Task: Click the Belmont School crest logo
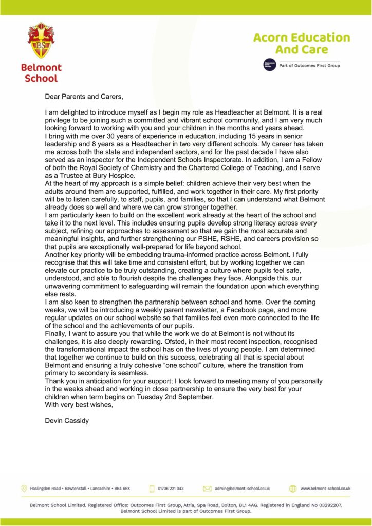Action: [x=41, y=41]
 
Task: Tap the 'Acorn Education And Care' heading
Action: [x=301, y=44]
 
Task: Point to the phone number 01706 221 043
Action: [x=171, y=488]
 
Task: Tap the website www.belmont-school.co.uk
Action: [x=325, y=488]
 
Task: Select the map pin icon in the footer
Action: [x=24, y=488]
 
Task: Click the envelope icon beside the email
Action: [x=208, y=488]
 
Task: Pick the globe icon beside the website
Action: [x=293, y=488]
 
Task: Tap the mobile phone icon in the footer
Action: [x=152, y=488]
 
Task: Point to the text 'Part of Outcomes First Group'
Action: [x=309, y=66]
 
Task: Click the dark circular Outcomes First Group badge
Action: [x=268, y=65]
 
